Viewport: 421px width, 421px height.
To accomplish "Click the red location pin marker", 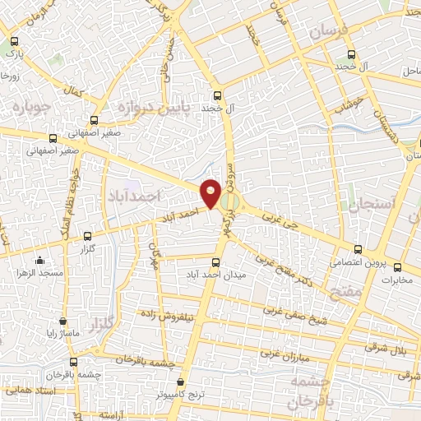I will point(211,192).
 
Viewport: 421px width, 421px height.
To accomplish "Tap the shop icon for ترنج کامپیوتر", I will point(182,382).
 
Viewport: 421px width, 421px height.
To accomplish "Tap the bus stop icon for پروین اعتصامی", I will point(357,249).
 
